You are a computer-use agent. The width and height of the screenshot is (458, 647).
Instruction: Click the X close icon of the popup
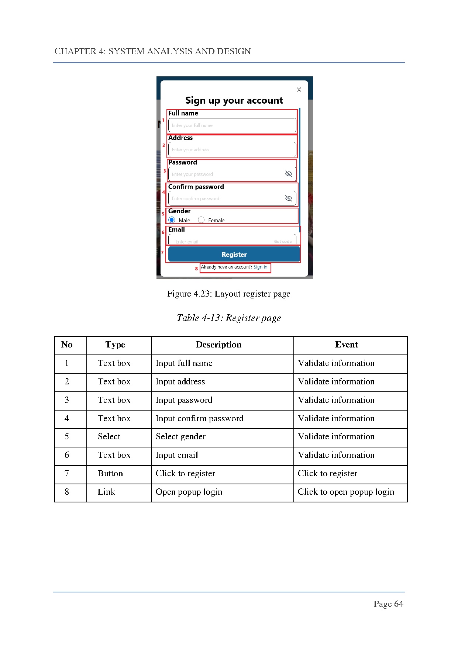point(299,90)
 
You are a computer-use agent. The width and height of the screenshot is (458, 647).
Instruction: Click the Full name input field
point(232,125)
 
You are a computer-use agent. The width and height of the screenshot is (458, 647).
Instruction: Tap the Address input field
point(232,150)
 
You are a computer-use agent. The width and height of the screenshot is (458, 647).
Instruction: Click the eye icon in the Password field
point(289,174)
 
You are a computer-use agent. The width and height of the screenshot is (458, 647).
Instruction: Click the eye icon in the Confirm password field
point(289,198)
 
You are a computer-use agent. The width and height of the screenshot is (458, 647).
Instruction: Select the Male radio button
point(172,220)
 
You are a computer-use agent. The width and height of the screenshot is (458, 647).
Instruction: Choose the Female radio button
point(201,220)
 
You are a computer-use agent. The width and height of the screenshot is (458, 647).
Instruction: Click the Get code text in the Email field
point(283,242)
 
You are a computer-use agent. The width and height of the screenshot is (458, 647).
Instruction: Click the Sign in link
point(260,267)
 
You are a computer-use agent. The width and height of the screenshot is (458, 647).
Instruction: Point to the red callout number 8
point(196,269)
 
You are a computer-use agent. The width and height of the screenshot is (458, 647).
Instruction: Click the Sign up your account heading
point(234,100)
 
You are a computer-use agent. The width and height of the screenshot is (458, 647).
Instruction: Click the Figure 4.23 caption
point(228,294)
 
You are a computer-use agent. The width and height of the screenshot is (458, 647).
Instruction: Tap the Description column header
point(218,345)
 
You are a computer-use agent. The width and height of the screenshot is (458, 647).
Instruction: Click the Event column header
point(346,345)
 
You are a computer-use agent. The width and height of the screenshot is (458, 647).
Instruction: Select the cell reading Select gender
point(180,437)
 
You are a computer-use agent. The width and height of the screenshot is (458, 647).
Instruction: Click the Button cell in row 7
point(110,474)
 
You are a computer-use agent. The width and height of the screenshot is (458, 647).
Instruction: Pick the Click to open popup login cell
point(346,492)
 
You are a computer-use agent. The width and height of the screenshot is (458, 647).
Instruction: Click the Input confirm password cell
point(199,418)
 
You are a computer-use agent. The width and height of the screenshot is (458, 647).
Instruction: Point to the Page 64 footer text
point(388,604)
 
